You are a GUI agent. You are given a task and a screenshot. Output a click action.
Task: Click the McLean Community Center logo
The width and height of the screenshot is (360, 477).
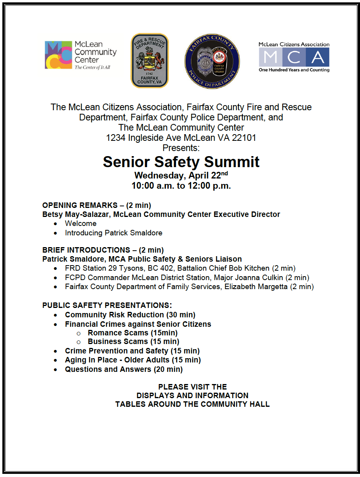80,55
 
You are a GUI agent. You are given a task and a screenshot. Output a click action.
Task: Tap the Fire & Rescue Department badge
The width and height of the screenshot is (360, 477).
149,60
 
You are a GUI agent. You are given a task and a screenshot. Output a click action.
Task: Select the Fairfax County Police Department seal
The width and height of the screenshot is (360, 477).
212,61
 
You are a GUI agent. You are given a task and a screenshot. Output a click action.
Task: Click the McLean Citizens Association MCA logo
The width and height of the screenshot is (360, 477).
294,57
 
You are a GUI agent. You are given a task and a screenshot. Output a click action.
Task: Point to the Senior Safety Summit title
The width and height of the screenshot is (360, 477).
181,162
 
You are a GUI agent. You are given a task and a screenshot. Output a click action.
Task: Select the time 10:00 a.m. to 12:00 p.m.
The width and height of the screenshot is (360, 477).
181,186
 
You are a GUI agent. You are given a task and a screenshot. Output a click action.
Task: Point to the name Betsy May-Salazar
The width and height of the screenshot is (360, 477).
74,215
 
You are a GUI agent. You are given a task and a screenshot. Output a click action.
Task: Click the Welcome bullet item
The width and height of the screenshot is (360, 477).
80,224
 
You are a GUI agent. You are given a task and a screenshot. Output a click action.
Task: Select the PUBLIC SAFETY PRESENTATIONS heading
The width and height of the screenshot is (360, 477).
107,305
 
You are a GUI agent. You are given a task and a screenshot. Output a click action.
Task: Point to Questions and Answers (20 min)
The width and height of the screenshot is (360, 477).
124,370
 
